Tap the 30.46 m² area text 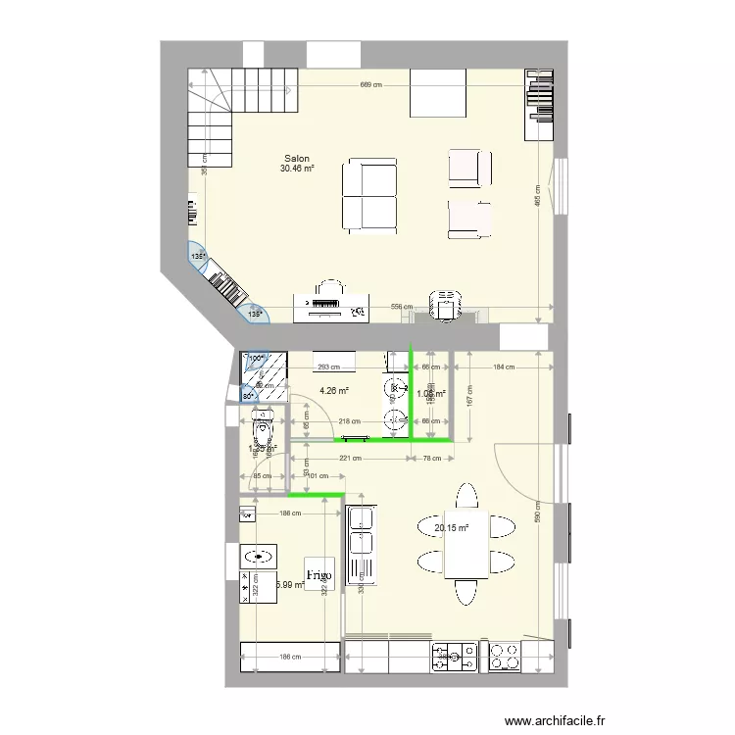pyautogui.click(x=297, y=169)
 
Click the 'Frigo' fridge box pyautogui.click(x=318, y=575)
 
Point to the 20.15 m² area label pyautogui.click(x=451, y=527)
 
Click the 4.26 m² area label pyautogui.click(x=334, y=389)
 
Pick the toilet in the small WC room pyautogui.click(x=263, y=427)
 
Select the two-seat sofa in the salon pyautogui.click(x=369, y=196)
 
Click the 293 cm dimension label pyautogui.click(x=327, y=367)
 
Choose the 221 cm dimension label pyautogui.click(x=350, y=458)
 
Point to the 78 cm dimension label pyautogui.click(x=431, y=458)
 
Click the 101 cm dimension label pyautogui.click(x=318, y=477)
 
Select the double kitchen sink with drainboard pyautogui.click(x=362, y=544)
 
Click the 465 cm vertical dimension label pyautogui.click(x=538, y=196)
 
